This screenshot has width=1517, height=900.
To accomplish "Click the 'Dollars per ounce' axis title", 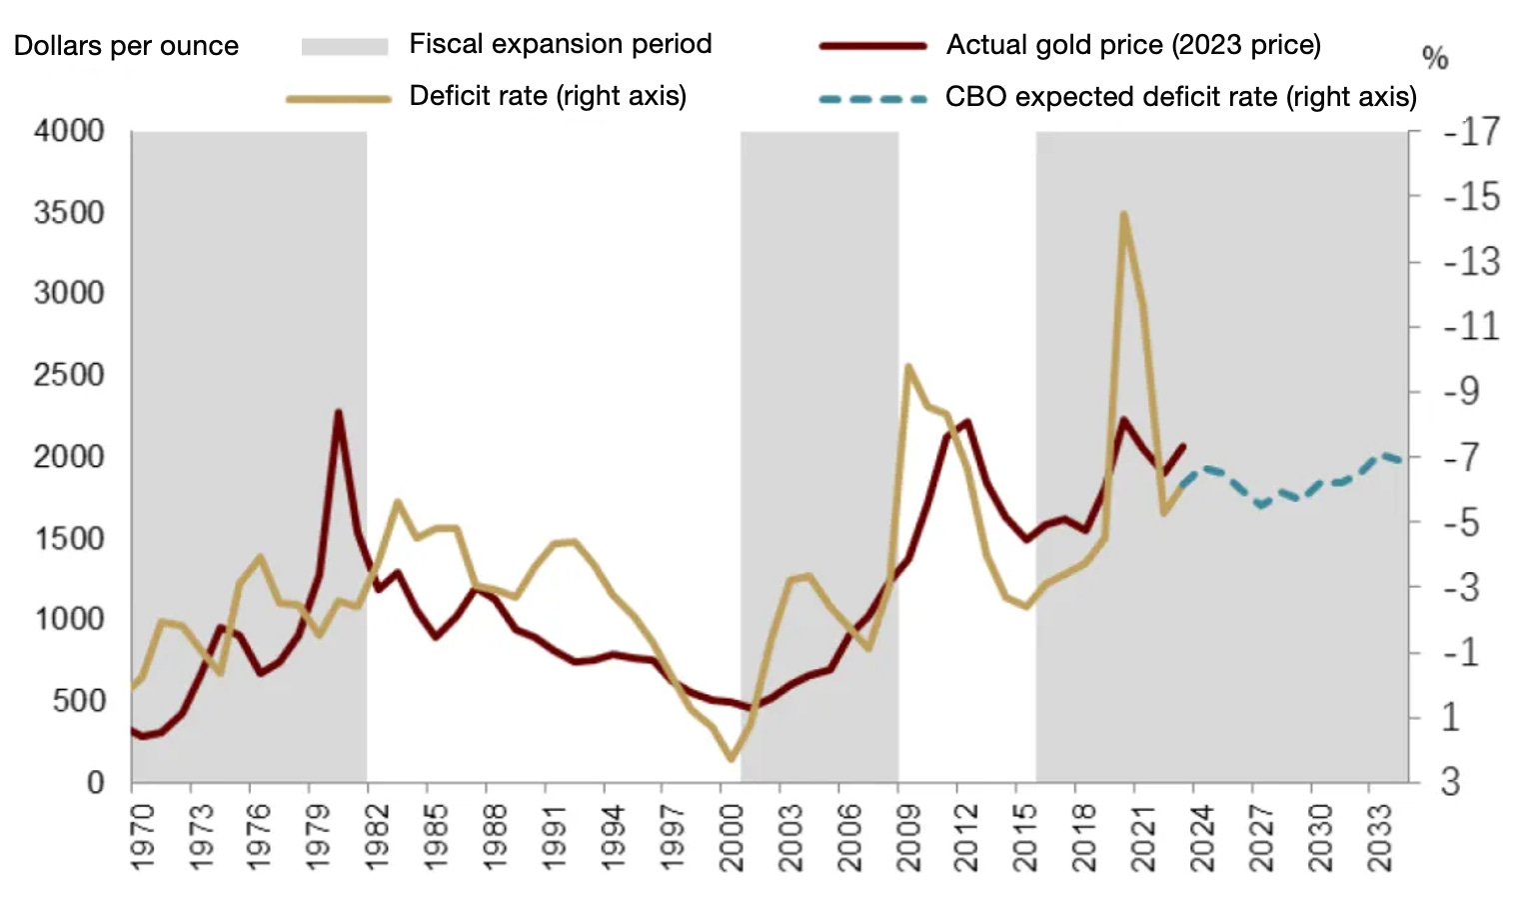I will pyautogui.click(x=126, y=46).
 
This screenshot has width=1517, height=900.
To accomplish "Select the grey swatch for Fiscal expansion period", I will pyautogui.click(x=344, y=46).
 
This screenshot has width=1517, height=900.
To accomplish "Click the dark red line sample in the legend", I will pyautogui.click(x=872, y=46).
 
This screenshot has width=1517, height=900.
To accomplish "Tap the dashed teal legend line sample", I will pyautogui.click(x=872, y=98).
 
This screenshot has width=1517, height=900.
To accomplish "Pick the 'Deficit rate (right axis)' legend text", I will pyautogui.click(x=548, y=96).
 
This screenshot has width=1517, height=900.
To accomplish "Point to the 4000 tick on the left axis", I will pyautogui.click(x=69, y=131).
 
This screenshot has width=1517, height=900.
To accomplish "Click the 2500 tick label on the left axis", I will pyautogui.click(x=69, y=375).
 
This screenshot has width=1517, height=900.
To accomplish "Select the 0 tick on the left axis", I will pyautogui.click(x=95, y=782).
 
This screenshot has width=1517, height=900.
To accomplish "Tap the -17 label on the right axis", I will pyautogui.click(x=1471, y=132).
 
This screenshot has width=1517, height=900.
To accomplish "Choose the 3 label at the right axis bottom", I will pyautogui.click(x=1450, y=781).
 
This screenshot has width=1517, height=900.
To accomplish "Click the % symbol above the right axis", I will pyautogui.click(x=1435, y=58).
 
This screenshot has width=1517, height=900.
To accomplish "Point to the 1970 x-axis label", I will pyautogui.click(x=143, y=836).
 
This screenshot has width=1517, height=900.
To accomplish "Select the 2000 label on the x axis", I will pyautogui.click(x=732, y=836).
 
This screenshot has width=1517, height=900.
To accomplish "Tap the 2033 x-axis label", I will pyautogui.click(x=1379, y=836).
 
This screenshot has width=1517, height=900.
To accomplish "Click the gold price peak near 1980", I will pyautogui.click(x=339, y=412).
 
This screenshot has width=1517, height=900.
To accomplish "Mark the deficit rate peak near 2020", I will pyautogui.click(x=1123, y=214).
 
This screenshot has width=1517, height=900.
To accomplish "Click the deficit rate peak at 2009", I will pyautogui.click(x=907, y=366).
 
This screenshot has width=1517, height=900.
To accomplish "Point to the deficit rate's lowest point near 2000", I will pyautogui.click(x=731, y=759).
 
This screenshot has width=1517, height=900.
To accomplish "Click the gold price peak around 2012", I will pyautogui.click(x=966, y=422).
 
